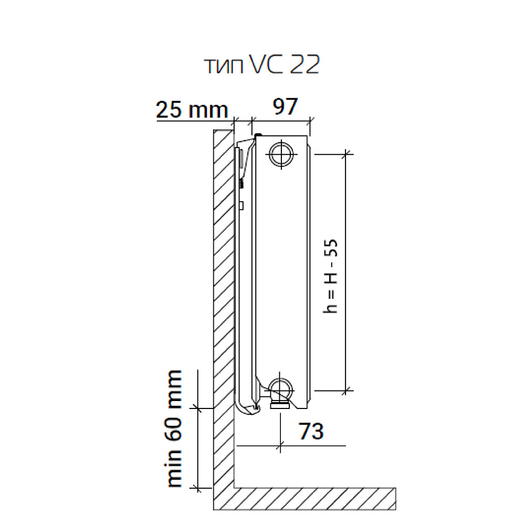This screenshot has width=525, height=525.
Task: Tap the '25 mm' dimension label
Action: pos(192,109)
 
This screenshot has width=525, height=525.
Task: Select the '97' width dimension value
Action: pos(285,107)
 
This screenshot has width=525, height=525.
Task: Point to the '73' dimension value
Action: pos(311,431)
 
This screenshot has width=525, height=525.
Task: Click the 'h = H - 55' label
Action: pos(330,276)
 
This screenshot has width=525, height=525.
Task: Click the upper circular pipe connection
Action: pos(281,154)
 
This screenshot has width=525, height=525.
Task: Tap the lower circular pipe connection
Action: pos(281,391)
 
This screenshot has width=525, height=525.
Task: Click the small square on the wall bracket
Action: pos(241,206)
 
